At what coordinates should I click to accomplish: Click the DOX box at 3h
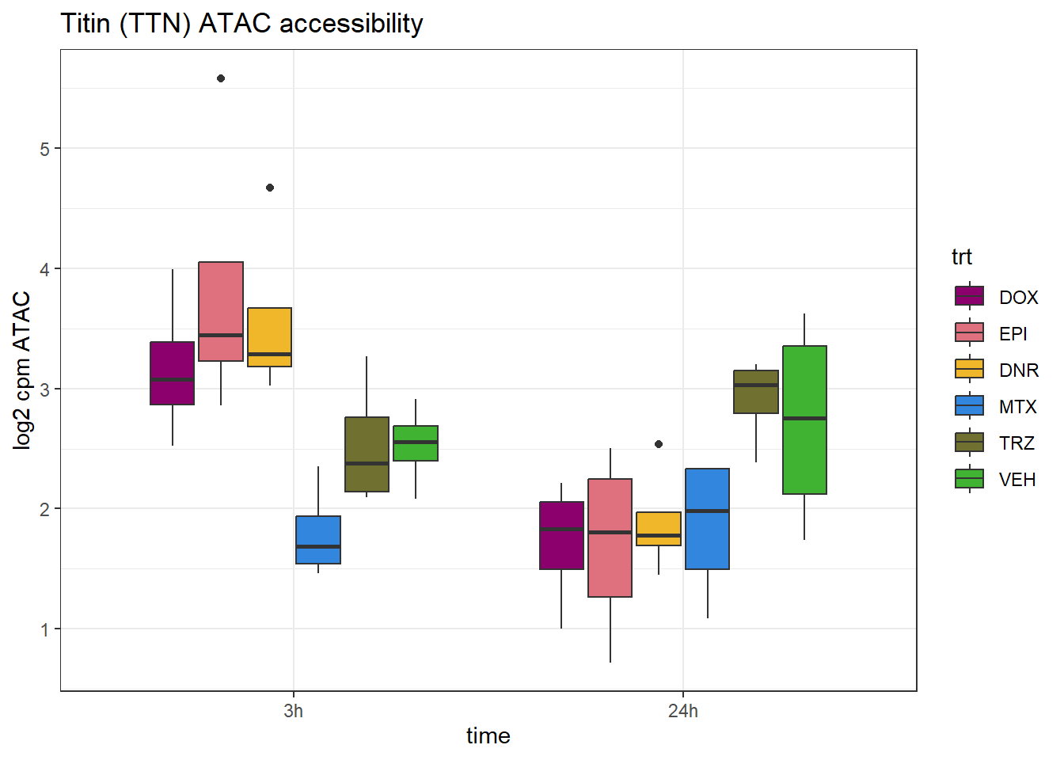[x=173, y=373]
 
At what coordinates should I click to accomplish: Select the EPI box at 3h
[x=221, y=311]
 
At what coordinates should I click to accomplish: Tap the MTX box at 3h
[x=318, y=540]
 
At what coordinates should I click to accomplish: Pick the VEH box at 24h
[x=804, y=420]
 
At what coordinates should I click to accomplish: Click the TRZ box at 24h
[x=756, y=392]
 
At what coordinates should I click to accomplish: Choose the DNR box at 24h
[x=659, y=529]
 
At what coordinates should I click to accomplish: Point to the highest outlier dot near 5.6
[x=221, y=78]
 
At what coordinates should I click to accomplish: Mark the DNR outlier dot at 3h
[x=270, y=188]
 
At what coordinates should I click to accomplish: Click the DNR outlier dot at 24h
[x=659, y=444]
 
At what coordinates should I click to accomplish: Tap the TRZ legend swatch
[x=970, y=443]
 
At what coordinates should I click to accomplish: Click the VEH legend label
[x=1017, y=480]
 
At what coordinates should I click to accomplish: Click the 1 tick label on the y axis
[x=45, y=629]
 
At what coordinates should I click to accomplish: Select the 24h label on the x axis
[x=683, y=711]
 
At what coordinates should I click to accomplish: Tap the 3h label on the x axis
[x=293, y=711]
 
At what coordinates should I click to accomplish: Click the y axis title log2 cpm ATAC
[x=22, y=370]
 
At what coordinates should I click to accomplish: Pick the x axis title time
[x=488, y=736]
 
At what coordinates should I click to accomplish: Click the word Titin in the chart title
[x=85, y=24]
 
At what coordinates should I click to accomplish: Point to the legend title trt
[x=961, y=256]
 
